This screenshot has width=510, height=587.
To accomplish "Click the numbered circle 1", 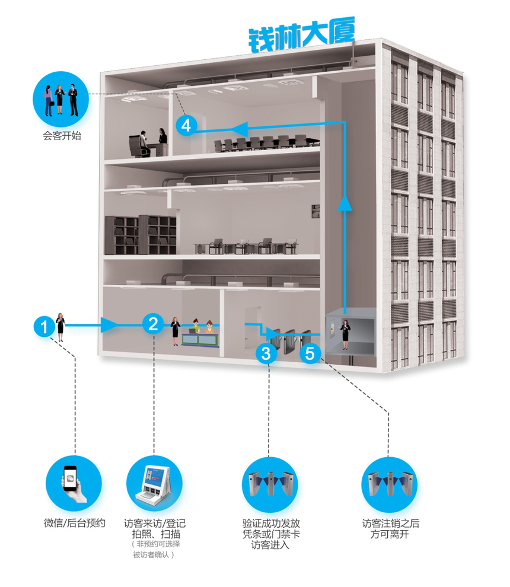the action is coord(44,327).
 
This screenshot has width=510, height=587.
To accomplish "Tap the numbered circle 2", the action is coord(153,324).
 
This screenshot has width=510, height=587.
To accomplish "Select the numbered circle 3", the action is coord(266,353).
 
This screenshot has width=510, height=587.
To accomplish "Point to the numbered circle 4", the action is coord(186,126).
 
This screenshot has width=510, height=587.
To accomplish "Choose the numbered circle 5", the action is coord(310,353).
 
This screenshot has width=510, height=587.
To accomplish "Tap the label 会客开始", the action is coord(62,136).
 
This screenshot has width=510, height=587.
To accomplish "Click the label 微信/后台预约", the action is coord(75,522).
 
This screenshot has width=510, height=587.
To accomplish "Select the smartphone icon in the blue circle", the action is coord(74,483).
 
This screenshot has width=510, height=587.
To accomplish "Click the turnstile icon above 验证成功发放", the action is coord(270,484).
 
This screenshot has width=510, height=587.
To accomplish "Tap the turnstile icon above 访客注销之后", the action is coord(390,484).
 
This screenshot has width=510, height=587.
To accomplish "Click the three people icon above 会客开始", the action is coord(60,100).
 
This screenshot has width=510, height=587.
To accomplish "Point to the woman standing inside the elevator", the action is coord(345,334).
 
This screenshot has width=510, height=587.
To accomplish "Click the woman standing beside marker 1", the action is coord(60,327).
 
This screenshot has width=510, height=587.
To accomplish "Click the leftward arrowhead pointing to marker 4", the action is coord(239,129).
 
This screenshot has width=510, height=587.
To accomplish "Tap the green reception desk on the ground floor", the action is coord(200,340).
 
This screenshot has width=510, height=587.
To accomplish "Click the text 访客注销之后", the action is coord(390,523).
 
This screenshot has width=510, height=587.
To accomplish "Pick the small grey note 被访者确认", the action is coord(154,554).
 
